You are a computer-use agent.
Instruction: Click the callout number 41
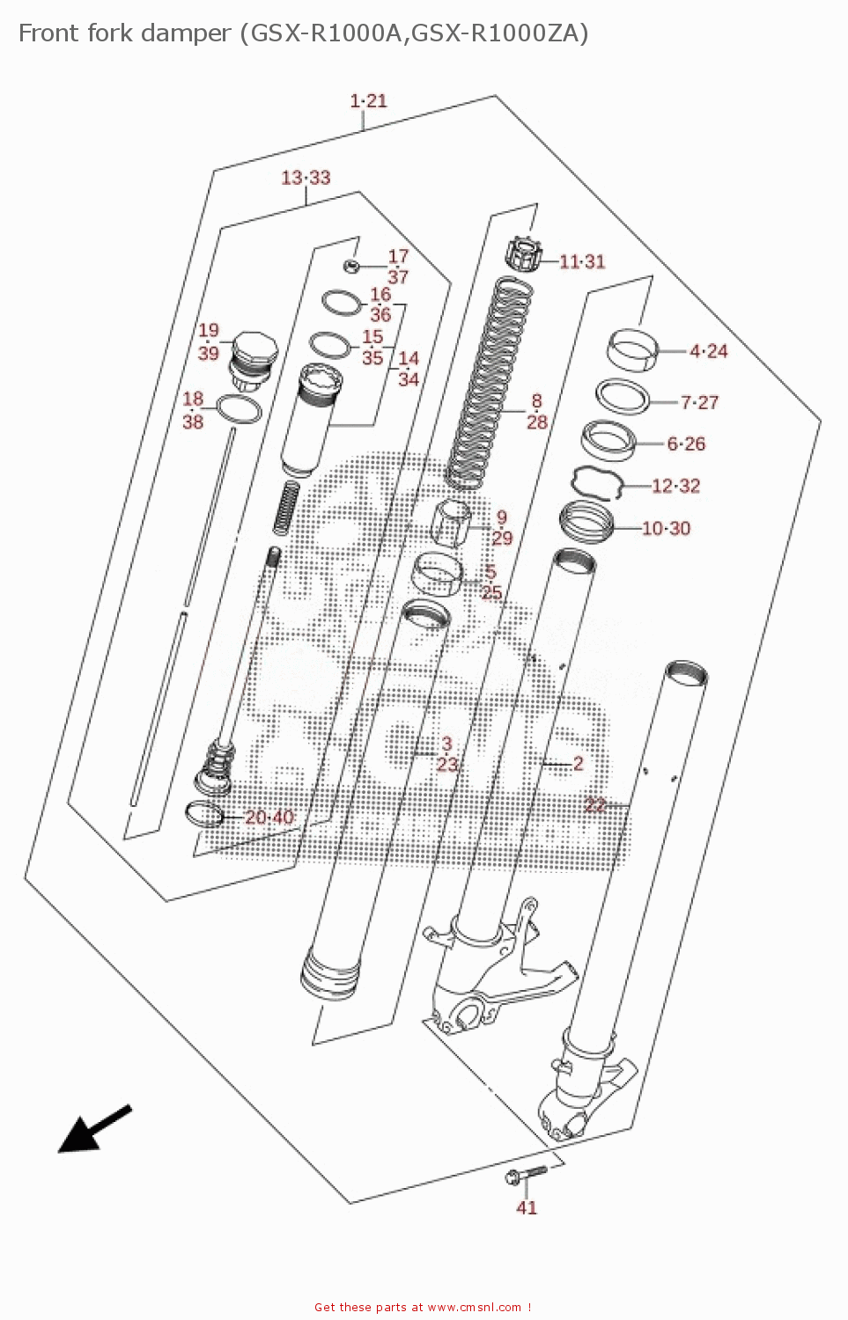pos(526,1207)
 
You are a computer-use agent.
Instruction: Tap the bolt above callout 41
pos(525,1175)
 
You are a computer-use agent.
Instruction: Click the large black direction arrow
pos(92,1129)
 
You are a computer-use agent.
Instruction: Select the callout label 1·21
pos(368,101)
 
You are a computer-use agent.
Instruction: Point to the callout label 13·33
pos(306,178)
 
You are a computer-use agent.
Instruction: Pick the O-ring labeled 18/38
pos(239,409)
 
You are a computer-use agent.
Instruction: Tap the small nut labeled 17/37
pos(350,265)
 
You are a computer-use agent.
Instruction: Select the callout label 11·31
pos(582,261)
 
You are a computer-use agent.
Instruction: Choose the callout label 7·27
pos(699,402)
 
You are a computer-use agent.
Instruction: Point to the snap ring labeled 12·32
pos(597,483)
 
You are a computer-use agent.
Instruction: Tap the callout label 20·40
pos(269,817)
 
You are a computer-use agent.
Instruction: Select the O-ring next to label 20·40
pos(204,814)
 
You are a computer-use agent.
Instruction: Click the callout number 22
pos(595,805)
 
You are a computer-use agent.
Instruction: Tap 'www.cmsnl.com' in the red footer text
pos(475,1308)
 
